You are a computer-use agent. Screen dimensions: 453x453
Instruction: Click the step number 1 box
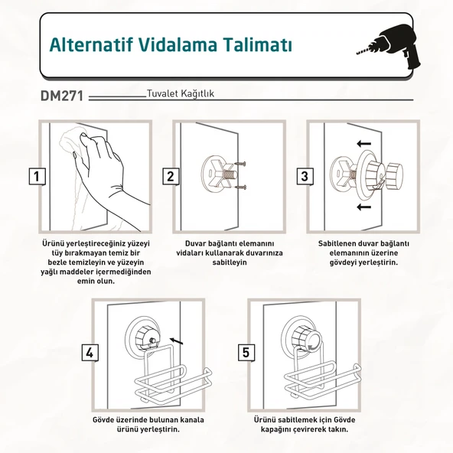36,176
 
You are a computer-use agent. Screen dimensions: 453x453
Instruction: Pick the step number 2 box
170,176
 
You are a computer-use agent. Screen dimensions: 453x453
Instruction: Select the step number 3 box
305,176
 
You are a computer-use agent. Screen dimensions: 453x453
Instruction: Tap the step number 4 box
90,353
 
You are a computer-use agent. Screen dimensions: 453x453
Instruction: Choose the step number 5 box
246,353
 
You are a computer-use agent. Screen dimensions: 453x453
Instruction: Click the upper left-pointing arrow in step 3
363,143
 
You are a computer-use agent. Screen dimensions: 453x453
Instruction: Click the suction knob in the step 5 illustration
300,337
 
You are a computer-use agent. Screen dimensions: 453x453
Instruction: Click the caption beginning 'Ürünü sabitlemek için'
305,425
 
